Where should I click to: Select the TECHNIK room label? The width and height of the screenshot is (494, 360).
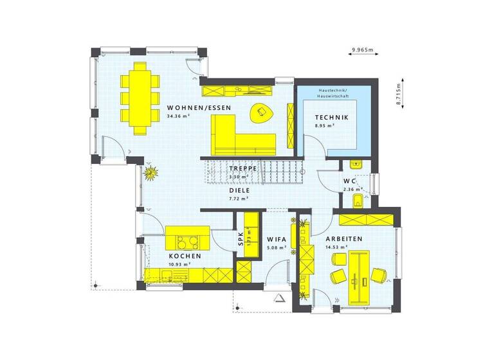click(332, 118)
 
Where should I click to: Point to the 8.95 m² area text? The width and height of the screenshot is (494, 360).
click(325, 127)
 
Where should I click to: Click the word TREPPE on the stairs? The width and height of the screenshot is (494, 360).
click(243, 168)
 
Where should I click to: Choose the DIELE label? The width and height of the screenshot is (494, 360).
click(239, 190)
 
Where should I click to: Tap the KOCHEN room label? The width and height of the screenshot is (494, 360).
click(185, 256)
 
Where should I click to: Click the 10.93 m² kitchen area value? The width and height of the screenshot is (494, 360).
click(178, 264)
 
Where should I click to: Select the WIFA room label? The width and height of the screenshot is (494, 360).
click(277, 239)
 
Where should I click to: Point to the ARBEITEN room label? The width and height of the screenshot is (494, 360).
click(347, 239)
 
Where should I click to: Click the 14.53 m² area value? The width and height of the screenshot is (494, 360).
click(339, 248)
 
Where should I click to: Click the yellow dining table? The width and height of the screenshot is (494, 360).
click(140, 97)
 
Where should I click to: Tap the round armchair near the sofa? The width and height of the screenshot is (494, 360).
click(262, 112)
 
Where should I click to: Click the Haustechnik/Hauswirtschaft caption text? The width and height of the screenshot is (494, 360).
click(332, 94)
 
